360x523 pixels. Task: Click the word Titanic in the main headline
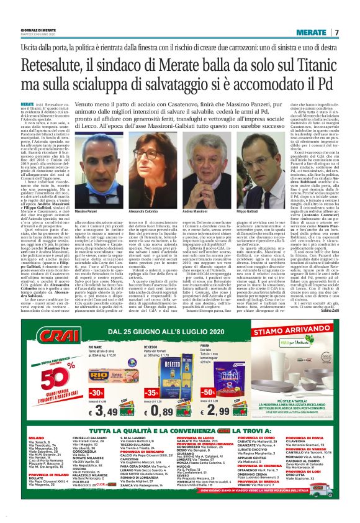314,65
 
